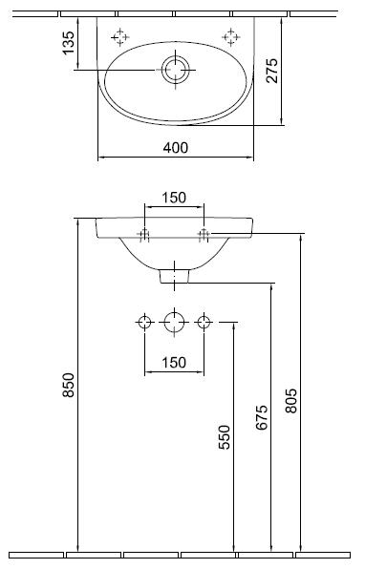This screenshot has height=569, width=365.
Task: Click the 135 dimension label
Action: pyautogui.click(x=68, y=43)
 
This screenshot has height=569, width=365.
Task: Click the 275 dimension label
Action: pyautogui.click(x=271, y=71)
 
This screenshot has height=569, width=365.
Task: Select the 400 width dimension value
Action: pyautogui.click(x=176, y=148)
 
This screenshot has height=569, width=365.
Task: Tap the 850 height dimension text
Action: pyautogui.click(x=68, y=385)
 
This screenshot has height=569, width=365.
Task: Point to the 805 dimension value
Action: pyautogui.click(x=290, y=401)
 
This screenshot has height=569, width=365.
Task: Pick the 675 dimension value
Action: pyautogui.click(x=262, y=417)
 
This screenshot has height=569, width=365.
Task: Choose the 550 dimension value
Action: pyautogui.click(x=225, y=437)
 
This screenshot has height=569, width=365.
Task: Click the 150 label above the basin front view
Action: pyautogui.click(x=174, y=198)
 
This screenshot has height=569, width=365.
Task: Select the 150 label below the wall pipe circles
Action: pyautogui.click(x=174, y=362)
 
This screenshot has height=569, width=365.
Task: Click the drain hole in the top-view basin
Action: pyautogui.click(x=176, y=70)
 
